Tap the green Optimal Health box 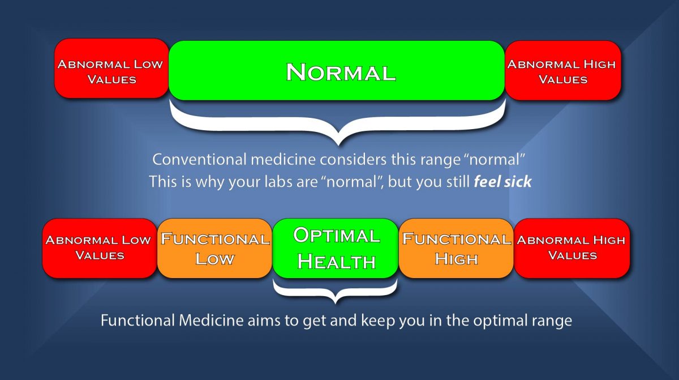336,248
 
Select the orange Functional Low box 214,248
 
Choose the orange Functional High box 456,248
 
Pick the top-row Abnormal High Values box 562,71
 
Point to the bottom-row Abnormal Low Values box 99,248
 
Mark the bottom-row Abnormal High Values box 572,248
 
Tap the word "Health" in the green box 336,261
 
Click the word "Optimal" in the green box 336,236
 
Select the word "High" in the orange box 456,259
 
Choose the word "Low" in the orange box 214,259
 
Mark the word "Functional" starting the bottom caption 137,321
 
